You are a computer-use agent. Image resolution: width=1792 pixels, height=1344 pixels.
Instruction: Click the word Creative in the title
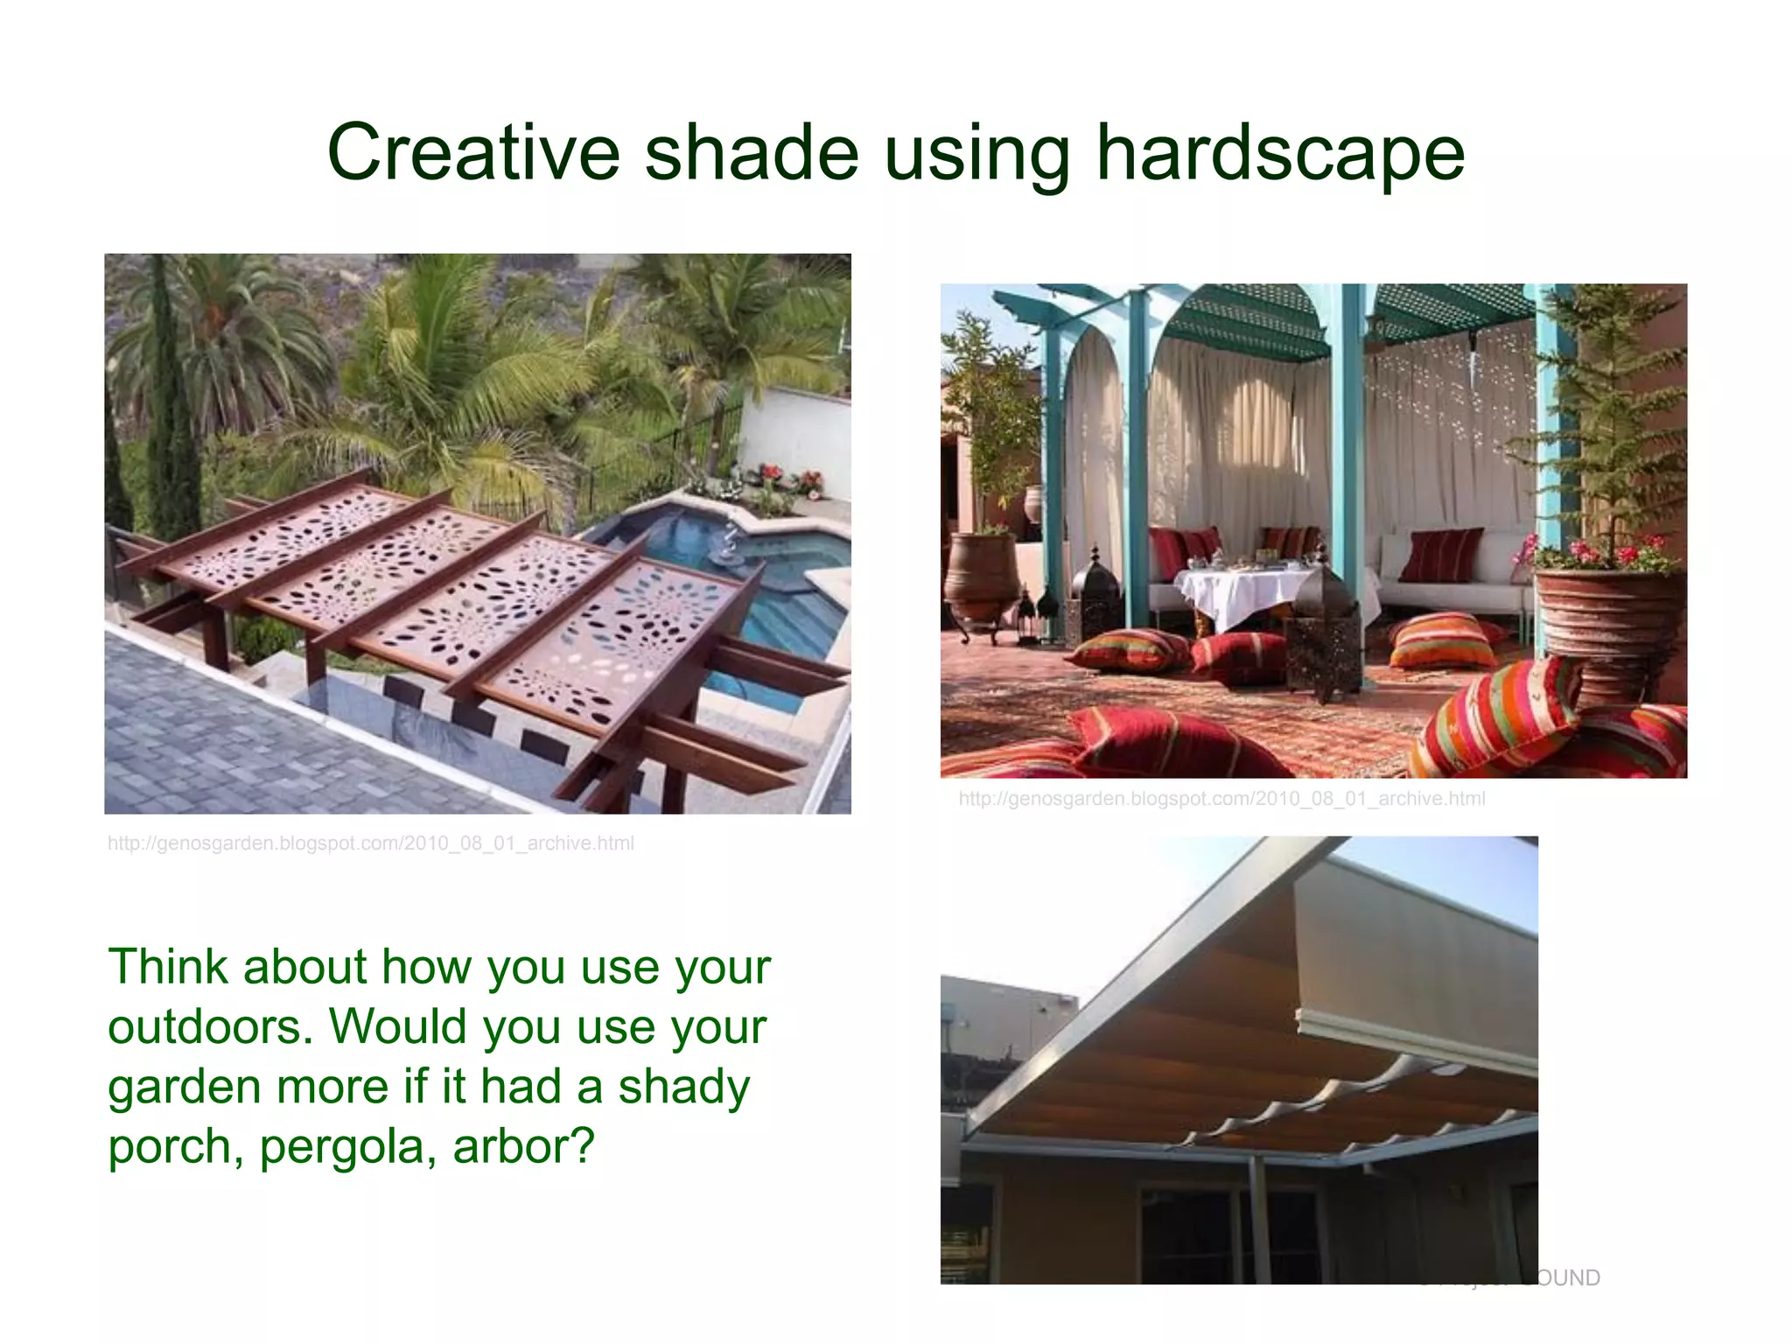click(x=473, y=152)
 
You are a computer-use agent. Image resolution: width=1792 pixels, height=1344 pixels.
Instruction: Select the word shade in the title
click(x=752, y=152)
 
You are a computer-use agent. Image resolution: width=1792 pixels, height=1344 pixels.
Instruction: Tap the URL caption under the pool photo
click(x=370, y=843)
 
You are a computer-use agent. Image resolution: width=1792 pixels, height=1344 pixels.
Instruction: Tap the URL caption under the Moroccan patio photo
click(x=1221, y=799)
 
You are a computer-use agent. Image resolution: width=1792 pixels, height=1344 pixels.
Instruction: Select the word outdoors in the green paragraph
click(x=208, y=1026)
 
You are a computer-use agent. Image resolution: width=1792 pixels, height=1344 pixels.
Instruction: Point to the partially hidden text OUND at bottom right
click(x=1567, y=1277)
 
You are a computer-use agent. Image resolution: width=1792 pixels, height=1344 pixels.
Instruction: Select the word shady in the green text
click(x=683, y=1087)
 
